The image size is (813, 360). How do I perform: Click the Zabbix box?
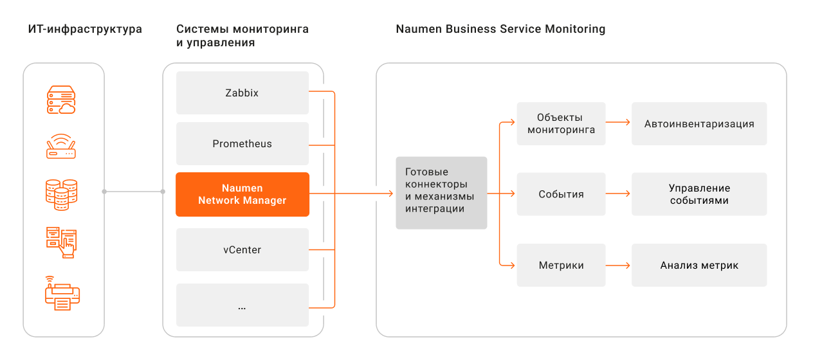(x=242, y=93)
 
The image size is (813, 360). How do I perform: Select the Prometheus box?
(x=242, y=144)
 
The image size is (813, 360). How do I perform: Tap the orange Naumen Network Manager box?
(x=242, y=195)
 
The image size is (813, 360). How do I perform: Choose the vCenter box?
(x=242, y=249)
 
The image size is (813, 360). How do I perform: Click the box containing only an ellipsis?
(x=242, y=305)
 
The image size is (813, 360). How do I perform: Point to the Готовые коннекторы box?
(x=441, y=193)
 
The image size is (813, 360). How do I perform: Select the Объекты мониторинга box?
(x=561, y=123)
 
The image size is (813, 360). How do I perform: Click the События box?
(x=561, y=194)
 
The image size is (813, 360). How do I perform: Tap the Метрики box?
(x=561, y=265)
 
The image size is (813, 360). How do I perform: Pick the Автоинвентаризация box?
(x=699, y=123)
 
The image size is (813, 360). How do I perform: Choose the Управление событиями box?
(x=699, y=194)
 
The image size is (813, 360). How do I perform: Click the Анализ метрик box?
(x=699, y=265)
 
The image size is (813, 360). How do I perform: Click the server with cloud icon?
(x=61, y=100)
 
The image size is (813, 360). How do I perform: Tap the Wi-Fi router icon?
(x=61, y=147)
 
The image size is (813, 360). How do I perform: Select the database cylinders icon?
(x=61, y=195)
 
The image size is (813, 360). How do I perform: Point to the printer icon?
(x=62, y=293)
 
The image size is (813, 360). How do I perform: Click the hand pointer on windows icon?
(x=61, y=243)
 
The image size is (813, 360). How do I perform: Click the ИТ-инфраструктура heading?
(x=85, y=30)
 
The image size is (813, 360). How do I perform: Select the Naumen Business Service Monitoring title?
(x=500, y=29)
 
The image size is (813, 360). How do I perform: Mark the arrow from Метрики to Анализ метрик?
(x=617, y=265)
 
